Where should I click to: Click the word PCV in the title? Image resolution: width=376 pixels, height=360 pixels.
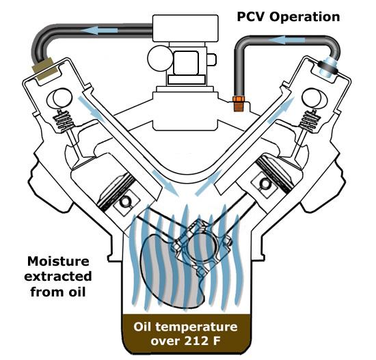pos(251,17)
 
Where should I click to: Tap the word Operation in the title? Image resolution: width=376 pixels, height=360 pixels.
pos(304,17)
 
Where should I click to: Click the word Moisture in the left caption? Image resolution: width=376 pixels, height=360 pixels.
pos(58,261)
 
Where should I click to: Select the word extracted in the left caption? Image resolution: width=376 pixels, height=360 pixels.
pos(58,277)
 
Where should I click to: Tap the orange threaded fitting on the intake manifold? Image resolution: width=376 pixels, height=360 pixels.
pos(239,104)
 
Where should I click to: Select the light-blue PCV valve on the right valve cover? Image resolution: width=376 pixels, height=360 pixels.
pos(328,67)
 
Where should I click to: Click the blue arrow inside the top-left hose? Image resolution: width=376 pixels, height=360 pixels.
pos(99,30)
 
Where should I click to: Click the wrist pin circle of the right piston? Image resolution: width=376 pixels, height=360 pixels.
pos(265,183)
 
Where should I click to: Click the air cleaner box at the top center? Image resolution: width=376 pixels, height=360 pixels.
pos(185,28)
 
